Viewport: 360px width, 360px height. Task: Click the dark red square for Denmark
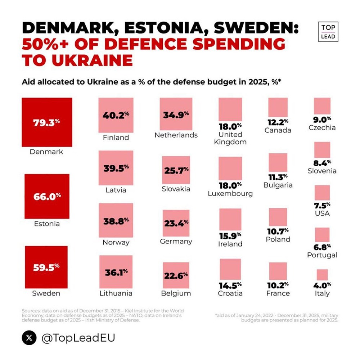tap(47, 122)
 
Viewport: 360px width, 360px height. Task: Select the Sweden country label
tap(46, 293)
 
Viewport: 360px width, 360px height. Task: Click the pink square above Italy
tap(322, 275)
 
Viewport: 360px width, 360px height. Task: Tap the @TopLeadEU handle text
tap(78, 338)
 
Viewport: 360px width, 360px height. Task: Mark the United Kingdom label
tap(230, 138)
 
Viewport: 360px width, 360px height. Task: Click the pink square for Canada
tap(278, 107)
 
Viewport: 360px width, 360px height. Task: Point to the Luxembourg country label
tap(230, 194)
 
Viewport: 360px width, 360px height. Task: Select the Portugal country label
tap(322, 255)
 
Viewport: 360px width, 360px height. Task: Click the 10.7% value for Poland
tap(278, 231)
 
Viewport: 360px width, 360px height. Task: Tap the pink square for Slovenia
tap(322, 150)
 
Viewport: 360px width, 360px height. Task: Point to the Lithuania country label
tap(116, 293)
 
